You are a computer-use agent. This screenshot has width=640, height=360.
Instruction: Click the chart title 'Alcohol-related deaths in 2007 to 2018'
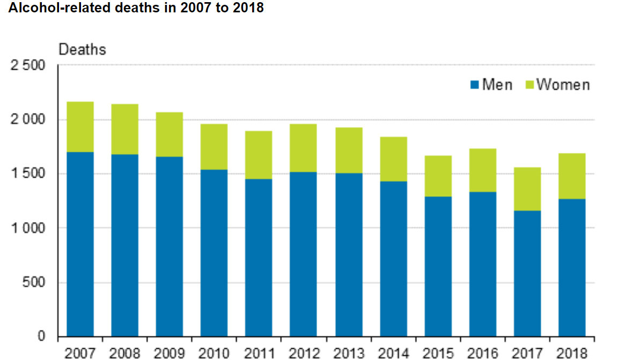pos(133,9)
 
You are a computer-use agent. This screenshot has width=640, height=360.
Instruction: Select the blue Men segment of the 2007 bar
pos(80,244)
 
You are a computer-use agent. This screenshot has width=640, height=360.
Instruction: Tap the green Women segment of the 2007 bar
pos(80,127)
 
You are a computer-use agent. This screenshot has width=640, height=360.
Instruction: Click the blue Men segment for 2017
pos(527,274)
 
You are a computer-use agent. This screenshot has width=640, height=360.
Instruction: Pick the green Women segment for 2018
pos(571,176)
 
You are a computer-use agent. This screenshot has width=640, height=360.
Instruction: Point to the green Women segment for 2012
pos(303,148)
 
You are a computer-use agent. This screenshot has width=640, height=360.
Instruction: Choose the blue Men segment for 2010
pos(214,253)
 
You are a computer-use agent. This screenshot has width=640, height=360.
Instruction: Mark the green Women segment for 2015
pos(438,176)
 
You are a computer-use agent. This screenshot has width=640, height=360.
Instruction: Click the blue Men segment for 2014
pos(393,259)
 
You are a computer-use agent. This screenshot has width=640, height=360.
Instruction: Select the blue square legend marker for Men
pos(474,85)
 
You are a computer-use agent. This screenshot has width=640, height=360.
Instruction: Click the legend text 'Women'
pos(563,85)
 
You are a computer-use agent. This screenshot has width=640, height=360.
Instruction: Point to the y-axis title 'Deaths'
pos(82,50)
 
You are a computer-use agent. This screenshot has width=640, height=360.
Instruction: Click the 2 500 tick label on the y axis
pos(27,65)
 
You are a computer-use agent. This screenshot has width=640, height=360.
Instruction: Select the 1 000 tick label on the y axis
pos(27,228)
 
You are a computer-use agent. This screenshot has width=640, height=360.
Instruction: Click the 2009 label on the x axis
pos(169,353)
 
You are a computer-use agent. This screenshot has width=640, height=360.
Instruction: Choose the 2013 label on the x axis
pos(348,353)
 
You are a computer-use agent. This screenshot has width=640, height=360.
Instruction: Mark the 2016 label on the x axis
pos(482,353)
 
